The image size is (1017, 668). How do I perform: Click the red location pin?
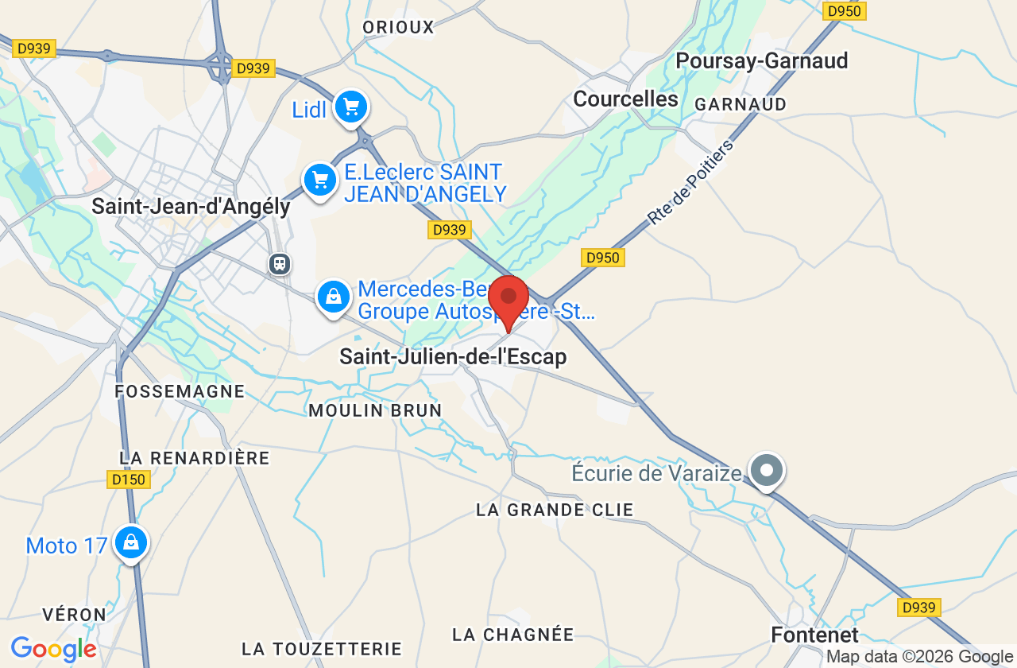pos(508,300)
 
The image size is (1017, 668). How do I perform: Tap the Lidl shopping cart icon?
pos(350,107)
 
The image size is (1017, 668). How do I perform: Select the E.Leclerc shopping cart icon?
pos(320,181)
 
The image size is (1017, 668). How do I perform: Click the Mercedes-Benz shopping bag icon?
pos(334,297)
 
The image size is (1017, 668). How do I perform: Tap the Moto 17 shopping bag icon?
pos(131,543)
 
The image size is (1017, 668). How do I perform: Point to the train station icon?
pos(280,263)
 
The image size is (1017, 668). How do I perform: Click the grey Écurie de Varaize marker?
pos(767,471)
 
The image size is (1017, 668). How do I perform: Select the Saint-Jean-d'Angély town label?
pos(191,207)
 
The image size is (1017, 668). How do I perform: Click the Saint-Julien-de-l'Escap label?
pos(453,357)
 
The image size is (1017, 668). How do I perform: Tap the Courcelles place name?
pos(625,99)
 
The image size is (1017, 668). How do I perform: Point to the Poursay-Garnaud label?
pos(761,61)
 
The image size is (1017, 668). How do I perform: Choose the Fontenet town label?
pos(815,635)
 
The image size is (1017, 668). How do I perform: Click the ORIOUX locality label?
pos(398,28)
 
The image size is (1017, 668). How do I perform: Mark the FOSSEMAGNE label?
pos(180,391)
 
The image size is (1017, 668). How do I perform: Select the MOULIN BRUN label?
pos(375,410)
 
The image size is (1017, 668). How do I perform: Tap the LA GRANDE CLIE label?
pos(555,510)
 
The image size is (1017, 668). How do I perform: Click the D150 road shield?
pos(128,480)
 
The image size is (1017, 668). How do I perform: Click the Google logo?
pos(53,649)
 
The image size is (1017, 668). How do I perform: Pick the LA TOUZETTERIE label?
pos(322,649)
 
